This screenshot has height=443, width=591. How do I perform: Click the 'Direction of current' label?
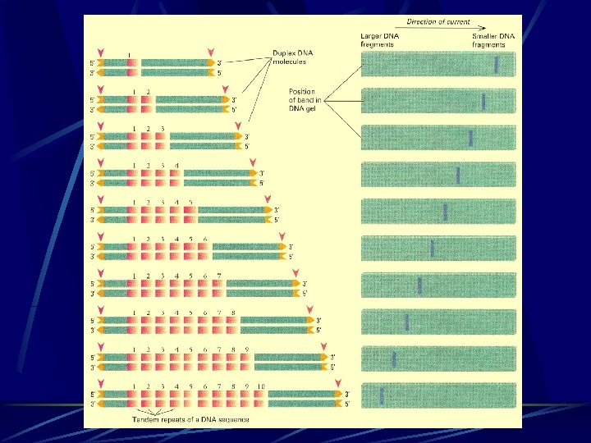(x=439, y=21)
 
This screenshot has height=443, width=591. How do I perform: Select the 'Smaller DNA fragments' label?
(x=492, y=41)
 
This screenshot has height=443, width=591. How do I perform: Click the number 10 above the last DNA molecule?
(x=261, y=385)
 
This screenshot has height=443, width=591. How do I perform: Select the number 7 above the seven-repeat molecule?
(x=218, y=275)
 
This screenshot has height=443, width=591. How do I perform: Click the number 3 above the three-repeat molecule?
(x=163, y=128)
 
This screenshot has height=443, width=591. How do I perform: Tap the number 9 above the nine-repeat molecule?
(x=247, y=349)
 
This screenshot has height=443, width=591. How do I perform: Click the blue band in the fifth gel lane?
(x=444, y=211)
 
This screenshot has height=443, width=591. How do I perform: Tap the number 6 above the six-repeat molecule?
(x=204, y=239)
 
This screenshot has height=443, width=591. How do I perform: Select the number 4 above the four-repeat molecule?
(x=176, y=165)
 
